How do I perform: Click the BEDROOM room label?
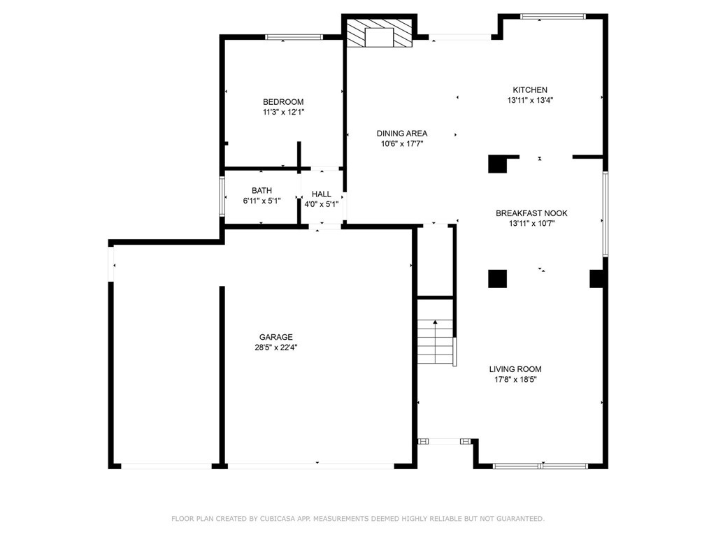[x=283, y=102]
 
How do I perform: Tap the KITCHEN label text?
[x=530, y=90]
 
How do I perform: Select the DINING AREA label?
[x=402, y=134]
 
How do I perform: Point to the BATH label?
[x=262, y=190]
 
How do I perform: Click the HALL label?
[x=322, y=194]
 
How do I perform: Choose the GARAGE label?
[x=275, y=337]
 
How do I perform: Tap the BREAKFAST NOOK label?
[x=531, y=213]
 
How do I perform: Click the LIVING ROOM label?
[x=515, y=369]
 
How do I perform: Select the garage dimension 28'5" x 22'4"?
[x=276, y=348]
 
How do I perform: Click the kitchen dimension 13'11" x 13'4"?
[x=530, y=101]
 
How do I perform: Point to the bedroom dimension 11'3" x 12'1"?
[x=283, y=113]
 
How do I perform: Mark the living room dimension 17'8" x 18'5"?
[x=515, y=380]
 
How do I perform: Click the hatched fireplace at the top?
[x=379, y=32]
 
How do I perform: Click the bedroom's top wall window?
[x=294, y=37]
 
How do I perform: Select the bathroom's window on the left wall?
[x=222, y=196]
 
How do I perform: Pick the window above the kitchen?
[x=553, y=17]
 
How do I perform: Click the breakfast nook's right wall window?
[x=605, y=214]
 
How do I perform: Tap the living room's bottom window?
[x=540, y=466]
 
